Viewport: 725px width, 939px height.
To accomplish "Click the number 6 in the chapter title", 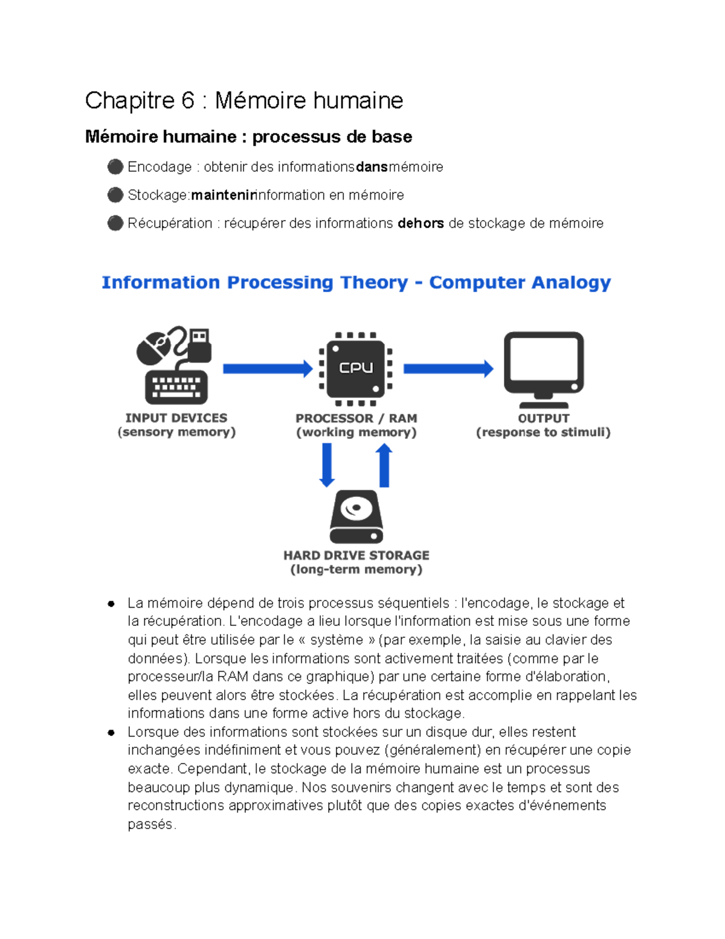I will [x=187, y=100].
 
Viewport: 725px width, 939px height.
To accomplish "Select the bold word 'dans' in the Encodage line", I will [x=372, y=167].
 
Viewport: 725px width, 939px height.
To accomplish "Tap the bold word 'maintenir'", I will [x=223, y=195].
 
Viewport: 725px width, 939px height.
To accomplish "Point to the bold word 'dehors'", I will [x=420, y=223].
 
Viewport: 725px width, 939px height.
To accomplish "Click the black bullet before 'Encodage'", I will [x=115, y=167].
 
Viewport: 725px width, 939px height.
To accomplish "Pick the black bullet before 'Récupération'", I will [x=115, y=223].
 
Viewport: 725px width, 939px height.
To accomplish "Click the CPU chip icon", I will [x=356, y=368].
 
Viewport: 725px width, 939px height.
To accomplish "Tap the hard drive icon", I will [x=356, y=517].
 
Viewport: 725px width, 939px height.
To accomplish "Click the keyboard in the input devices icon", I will [x=176, y=386].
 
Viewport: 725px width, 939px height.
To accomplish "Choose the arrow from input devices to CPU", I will [x=267, y=368].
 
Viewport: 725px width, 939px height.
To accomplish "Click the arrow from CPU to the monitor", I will [x=448, y=368].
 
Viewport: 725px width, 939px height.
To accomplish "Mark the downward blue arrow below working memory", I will [x=327, y=464].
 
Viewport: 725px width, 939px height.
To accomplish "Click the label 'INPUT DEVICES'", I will [x=176, y=418].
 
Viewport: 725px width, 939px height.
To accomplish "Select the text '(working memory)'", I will [x=356, y=432].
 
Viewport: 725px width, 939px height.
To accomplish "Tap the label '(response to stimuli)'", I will [x=543, y=432].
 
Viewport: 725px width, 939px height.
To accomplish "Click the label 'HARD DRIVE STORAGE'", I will [x=356, y=555].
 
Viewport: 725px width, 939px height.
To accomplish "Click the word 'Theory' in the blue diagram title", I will [x=374, y=282].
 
